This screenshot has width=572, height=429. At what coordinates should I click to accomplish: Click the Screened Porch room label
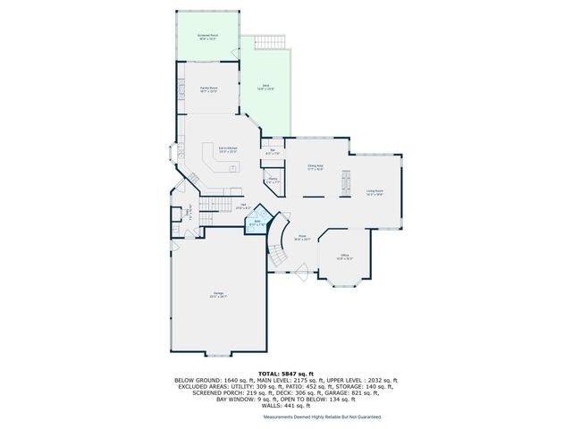pos(207,37)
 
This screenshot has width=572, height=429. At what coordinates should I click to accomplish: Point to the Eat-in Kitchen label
pos(228,149)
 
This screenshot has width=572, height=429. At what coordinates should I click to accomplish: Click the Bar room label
pos(272,151)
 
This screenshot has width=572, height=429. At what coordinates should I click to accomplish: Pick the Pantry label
pos(272,181)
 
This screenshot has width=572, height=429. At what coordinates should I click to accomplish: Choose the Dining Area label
pos(315,167)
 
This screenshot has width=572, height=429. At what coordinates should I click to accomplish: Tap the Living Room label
pos(374,192)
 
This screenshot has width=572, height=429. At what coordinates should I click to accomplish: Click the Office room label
pos(344,257)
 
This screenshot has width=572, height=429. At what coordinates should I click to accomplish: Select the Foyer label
pos(303,239)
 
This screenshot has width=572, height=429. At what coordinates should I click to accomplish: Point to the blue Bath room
pos(257,223)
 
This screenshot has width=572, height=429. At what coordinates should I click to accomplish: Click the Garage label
pos(218,295)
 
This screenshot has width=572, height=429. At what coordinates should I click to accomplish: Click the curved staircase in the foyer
pos(279,241)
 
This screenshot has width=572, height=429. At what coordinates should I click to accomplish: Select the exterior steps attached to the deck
pos(267,42)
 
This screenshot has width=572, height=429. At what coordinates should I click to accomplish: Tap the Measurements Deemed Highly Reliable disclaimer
pos(322,417)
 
